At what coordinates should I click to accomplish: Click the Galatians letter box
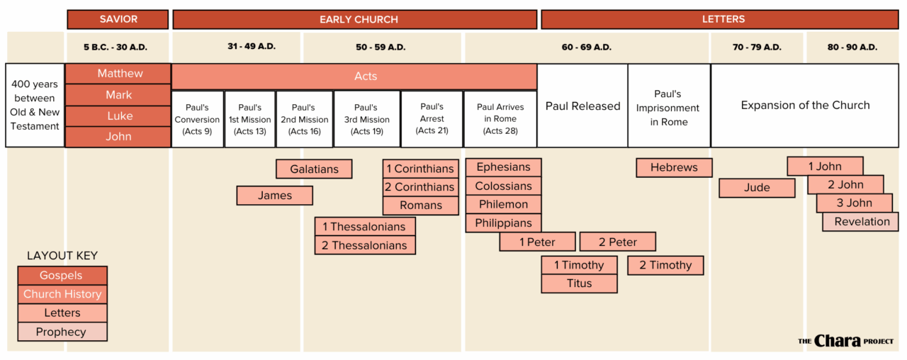314,169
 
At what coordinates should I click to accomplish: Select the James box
274,196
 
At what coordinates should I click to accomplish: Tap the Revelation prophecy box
861,222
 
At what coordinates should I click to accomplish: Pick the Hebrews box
674,168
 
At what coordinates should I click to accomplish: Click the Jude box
757,188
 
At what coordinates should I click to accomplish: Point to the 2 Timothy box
665,265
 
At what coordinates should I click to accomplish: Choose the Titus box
579,283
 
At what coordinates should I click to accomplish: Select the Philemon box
503,205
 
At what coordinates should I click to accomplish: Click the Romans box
420,206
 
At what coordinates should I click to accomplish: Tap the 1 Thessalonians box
364,227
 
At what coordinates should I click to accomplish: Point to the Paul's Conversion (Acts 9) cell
198,119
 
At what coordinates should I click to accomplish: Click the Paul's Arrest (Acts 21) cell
432,119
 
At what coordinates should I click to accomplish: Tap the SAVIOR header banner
118,20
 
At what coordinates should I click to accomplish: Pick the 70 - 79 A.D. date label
757,47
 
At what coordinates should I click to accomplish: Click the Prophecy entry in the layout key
62,332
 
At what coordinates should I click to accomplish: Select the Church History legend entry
62,294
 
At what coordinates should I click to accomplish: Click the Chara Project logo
845,341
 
